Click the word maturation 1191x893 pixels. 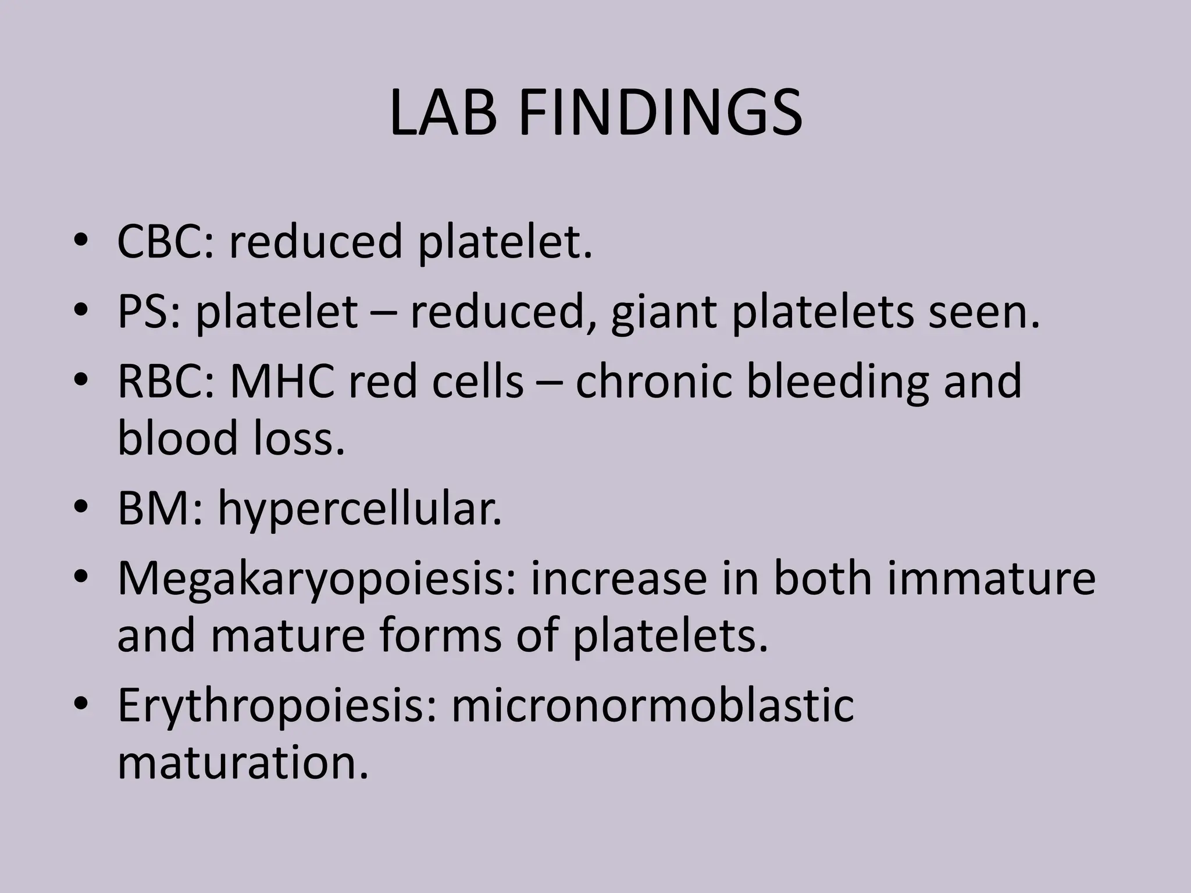click(243, 763)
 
